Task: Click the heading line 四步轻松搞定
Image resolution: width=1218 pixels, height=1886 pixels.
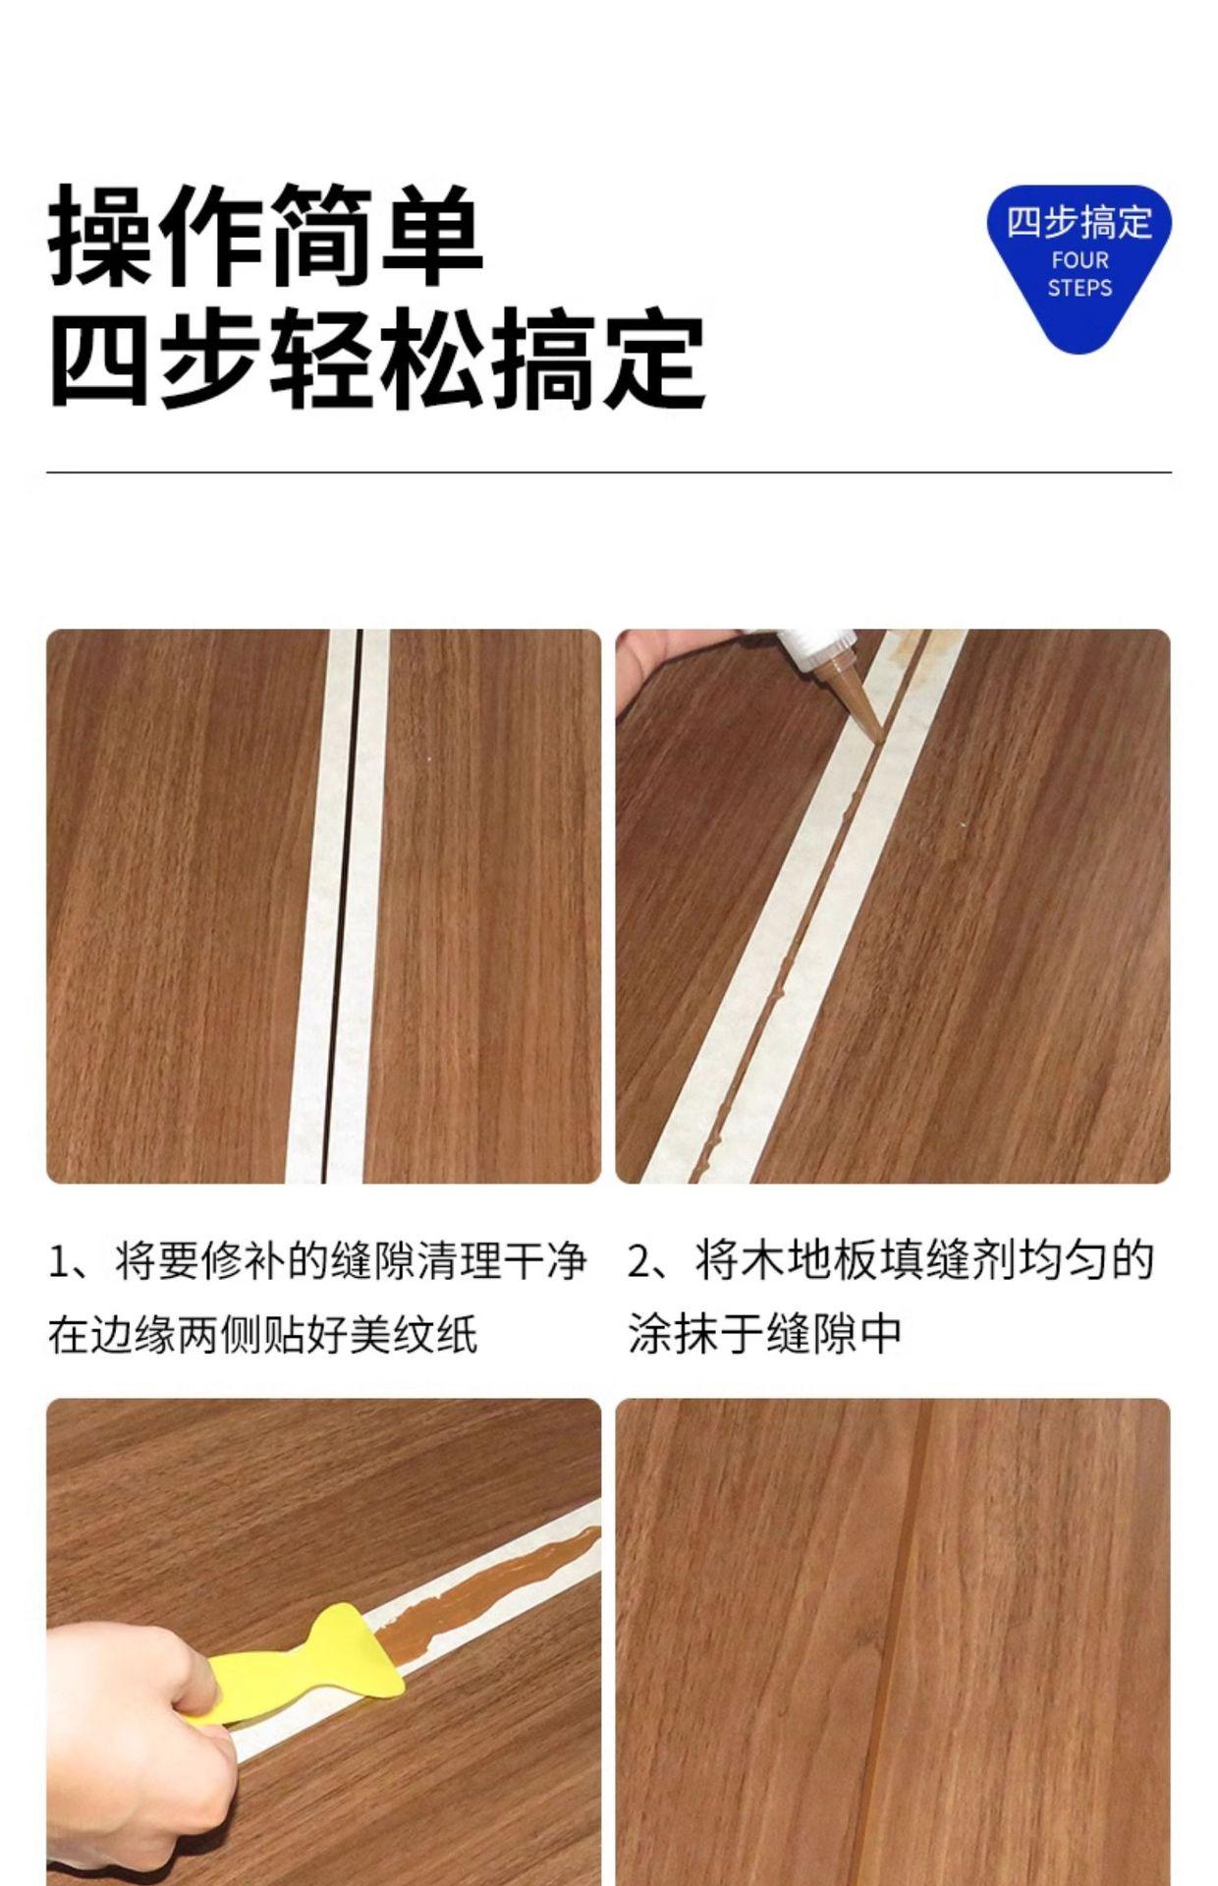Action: pos(377,359)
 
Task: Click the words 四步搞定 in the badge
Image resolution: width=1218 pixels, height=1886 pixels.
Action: pos(1079,223)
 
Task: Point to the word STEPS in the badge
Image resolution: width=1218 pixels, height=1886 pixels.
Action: pos(1080,289)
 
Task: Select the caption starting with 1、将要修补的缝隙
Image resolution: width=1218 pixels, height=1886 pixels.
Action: pos(317,1298)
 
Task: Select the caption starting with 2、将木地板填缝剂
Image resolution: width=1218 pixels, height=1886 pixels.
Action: pos(890,1298)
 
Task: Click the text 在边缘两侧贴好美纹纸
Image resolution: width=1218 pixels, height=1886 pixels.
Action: pos(263,1334)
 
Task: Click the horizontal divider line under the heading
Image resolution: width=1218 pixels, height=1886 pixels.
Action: pos(609,472)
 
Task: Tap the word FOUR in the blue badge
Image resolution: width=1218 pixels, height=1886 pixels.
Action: pos(1080,261)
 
